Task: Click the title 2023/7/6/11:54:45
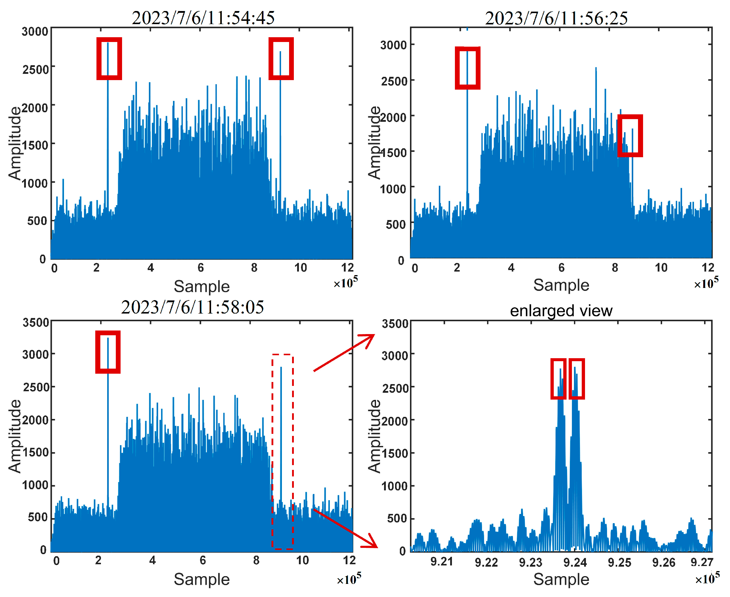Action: click(x=203, y=18)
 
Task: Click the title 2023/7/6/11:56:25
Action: click(x=556, y=18)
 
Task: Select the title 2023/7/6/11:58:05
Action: click(x=192, y=307)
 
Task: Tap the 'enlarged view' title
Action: click(x=561, y=311)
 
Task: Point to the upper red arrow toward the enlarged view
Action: click(x=344, y=353)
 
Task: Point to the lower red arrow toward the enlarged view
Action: click(x=346, y=528)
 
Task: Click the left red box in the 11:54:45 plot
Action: click(x=109, y=58)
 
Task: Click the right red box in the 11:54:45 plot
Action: click(x=281, y=58)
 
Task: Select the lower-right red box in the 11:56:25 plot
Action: click(x=630, y=136)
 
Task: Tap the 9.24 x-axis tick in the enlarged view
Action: click(x=575, y=563)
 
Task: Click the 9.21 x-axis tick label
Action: click(x=442, y=562)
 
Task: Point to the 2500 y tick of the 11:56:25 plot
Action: click(x=394, y=82)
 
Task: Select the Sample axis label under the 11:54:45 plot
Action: click(x=202, y=286)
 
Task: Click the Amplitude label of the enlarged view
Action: click(x=375, y=436)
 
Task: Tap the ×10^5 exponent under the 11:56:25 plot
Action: click(x=706, y=283)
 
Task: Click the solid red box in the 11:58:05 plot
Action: click(x=108, y=352)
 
